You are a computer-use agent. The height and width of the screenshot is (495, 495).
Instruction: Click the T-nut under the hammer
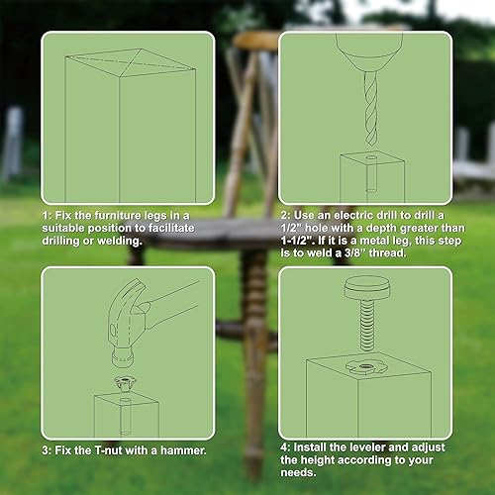[x=127, y=375]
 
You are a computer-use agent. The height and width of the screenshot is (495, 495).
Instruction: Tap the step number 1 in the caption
[x=46, y=214]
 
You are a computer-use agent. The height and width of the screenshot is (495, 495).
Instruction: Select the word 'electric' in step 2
[x=358, y=214]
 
